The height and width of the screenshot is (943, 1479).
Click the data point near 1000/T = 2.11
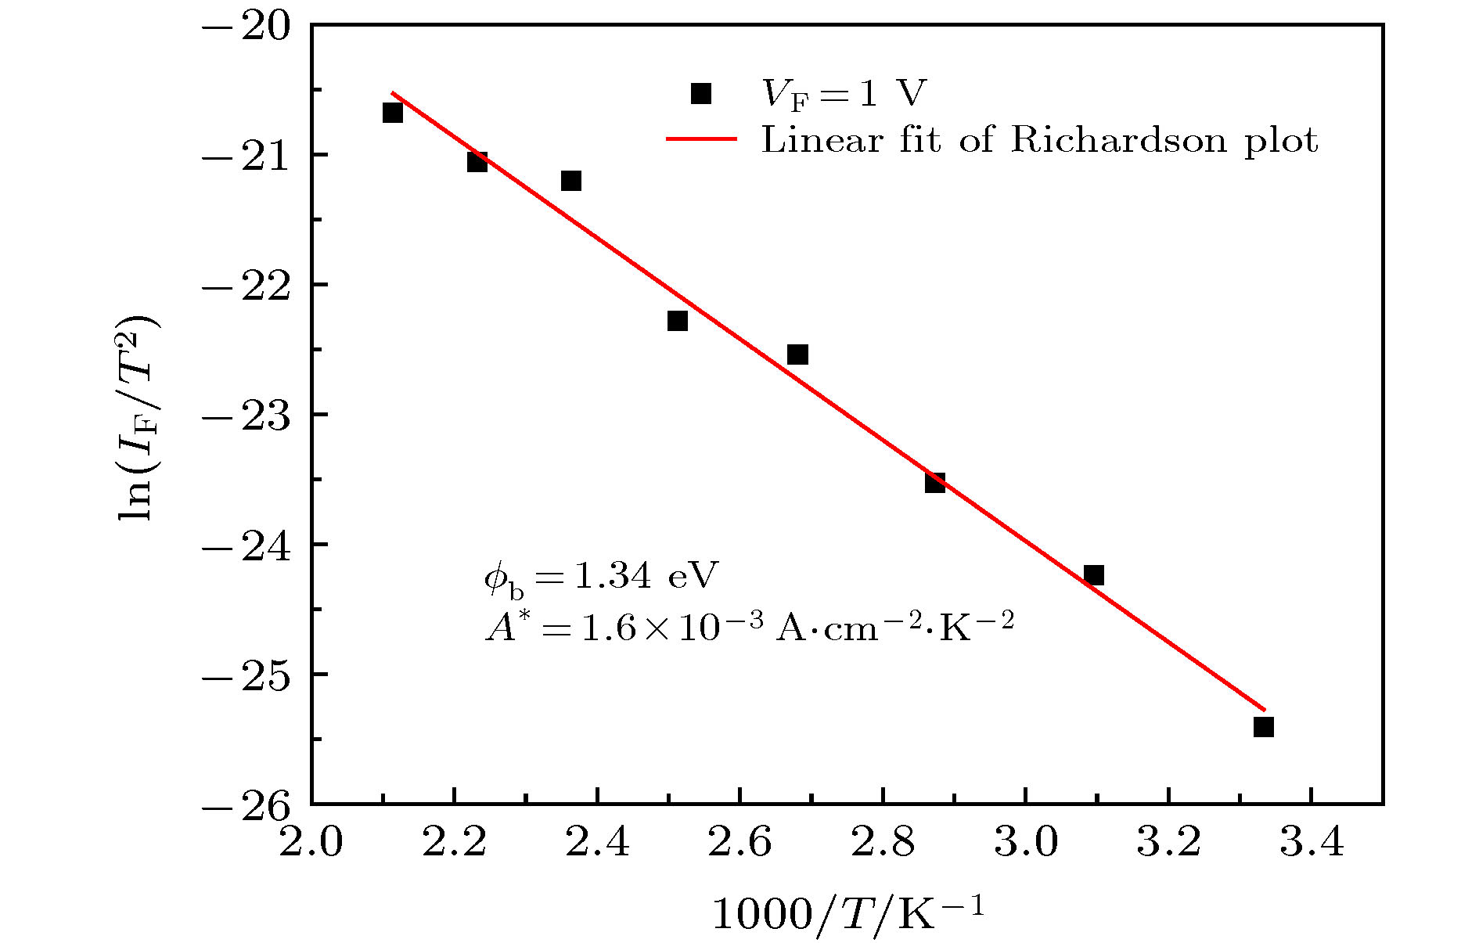[x=393, y=113]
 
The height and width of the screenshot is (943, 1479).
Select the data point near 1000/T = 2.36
[x=571, y=181]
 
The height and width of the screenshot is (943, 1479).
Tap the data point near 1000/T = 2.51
[x=678, y=321]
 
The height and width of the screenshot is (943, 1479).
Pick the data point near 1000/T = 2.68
[x=797, y=355]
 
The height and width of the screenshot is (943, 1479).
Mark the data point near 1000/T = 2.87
[x=935, y=482]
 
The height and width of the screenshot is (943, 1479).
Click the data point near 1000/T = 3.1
[x=1094, y=575]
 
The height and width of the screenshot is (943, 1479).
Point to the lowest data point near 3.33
[x=1264, y=727]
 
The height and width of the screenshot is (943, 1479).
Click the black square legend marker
[x=701, y=94]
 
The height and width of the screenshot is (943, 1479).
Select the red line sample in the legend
[x=701, y=140]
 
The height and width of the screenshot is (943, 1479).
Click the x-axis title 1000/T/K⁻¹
[x=847, y=912]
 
